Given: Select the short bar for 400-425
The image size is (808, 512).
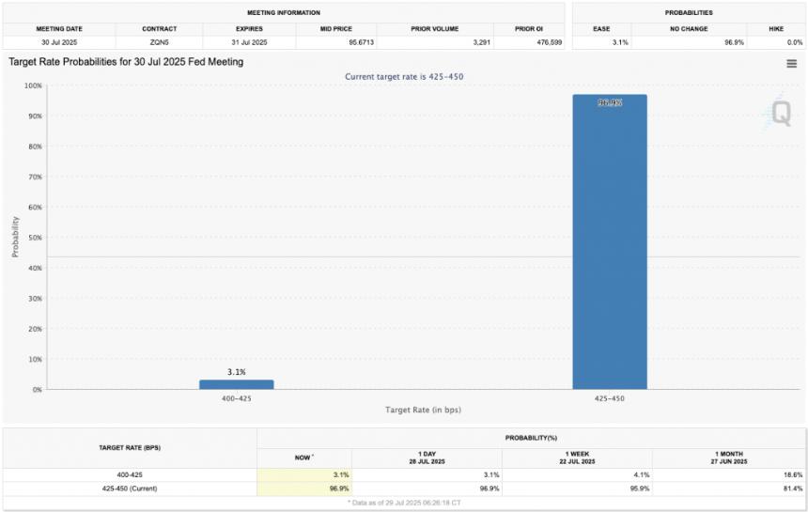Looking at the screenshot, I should point(236,384).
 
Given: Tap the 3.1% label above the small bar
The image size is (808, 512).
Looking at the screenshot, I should point(236,372).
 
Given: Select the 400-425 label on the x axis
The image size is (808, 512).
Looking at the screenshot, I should point(236,398).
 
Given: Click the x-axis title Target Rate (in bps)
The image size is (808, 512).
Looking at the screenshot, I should point(423,411).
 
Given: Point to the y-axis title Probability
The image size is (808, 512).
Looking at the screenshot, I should point(15,237).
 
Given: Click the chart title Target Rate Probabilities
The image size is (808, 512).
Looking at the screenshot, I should point(126,62).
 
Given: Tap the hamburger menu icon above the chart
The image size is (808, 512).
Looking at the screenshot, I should point(791,64).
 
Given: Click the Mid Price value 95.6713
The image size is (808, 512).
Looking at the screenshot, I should point(334,42).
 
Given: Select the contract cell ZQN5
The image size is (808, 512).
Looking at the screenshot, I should point(158,42).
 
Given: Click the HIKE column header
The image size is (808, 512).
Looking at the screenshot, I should point(776,28).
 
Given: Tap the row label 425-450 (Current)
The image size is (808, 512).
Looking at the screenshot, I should point(131,489).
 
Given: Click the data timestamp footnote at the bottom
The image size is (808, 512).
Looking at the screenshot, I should point(404,503).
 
